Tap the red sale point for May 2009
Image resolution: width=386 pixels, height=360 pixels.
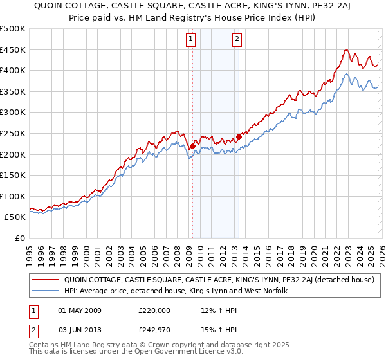tap(192, 146)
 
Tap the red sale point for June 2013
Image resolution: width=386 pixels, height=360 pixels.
tap(239, 136)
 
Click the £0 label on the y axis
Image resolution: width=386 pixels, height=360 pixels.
tap(20, 238)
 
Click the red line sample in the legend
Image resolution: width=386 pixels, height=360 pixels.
tap(45, 280)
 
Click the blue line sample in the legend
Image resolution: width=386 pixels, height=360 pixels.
tap(45, 291)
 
